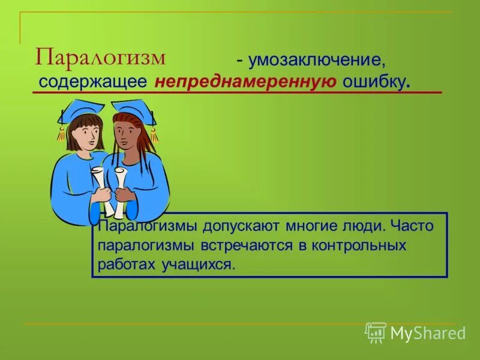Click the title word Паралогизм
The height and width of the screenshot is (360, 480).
(100, 58)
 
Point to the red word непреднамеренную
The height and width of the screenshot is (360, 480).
(245, 82)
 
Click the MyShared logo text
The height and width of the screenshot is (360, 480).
(428, 333)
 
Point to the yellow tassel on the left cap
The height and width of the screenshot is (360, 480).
(61, 132)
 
